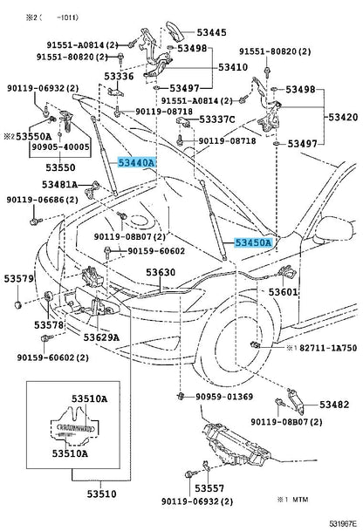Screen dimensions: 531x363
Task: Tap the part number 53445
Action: pyautogui.click(x=210, y=32)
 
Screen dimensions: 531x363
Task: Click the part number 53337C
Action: pyautogui.click(x=217, y=119)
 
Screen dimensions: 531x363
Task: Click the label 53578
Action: pyautogui.click(x=50, y=324)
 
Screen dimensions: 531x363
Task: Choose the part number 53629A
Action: pyautogui.click(x=102, y=337)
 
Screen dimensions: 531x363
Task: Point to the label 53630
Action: pyautogui.click(x=161, y=272)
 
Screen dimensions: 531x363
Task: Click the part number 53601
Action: pyautogui.click(x=284, y=292)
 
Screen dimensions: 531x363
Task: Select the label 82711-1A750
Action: pyautogui.click(x=326, y=347)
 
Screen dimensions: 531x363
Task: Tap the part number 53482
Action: pyautogui.click(x=334, y=405)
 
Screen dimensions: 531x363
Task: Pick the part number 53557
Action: pyautogui.click(x=209, y=490)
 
